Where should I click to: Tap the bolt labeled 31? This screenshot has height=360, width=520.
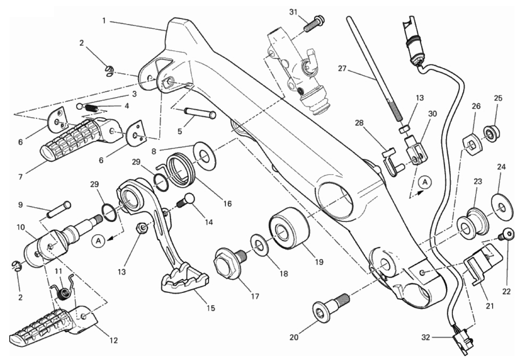pyautogui.click(x=313, y=22)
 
